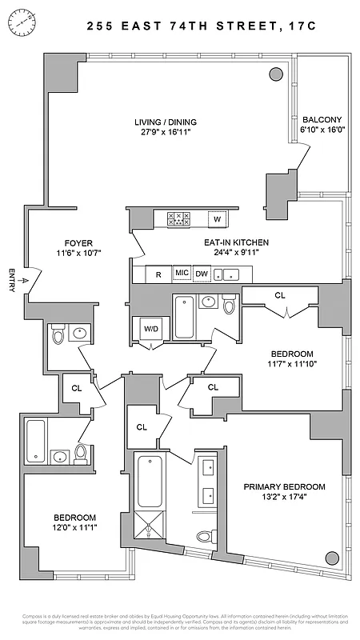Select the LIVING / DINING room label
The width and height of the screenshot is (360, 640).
[166, 122]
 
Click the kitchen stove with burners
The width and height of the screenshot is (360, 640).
[178, 218]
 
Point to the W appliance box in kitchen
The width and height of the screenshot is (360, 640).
[216, 218]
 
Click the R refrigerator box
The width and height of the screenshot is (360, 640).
[158, 274]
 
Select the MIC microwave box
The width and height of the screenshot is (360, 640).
[182, 274]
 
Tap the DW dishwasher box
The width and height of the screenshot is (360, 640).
[202, 274]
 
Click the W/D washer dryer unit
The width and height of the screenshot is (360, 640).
[150, 329]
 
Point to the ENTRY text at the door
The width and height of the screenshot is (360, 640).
[11, 281]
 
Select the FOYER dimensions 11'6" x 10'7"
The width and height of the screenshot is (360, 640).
[79, 253]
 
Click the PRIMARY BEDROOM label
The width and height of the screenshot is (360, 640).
[285, 486]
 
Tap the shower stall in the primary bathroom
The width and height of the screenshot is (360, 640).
[150, 528]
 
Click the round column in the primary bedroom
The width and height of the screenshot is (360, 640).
[331, 557]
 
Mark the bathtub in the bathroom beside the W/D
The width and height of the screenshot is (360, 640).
[184, 318]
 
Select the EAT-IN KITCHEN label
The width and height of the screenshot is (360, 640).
[234, 242]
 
